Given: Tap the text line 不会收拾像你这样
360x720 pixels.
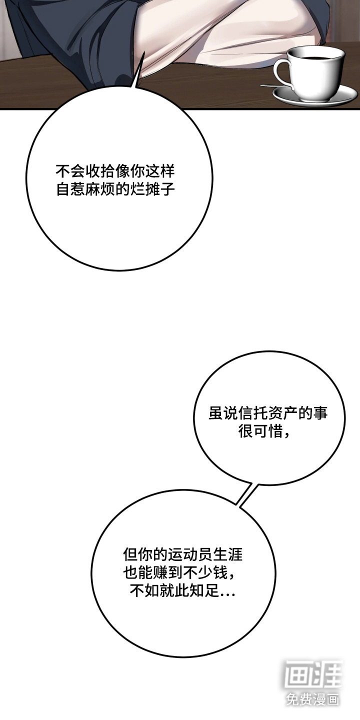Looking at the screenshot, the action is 115,171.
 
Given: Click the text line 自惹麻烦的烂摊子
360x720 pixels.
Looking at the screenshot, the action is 115,189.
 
